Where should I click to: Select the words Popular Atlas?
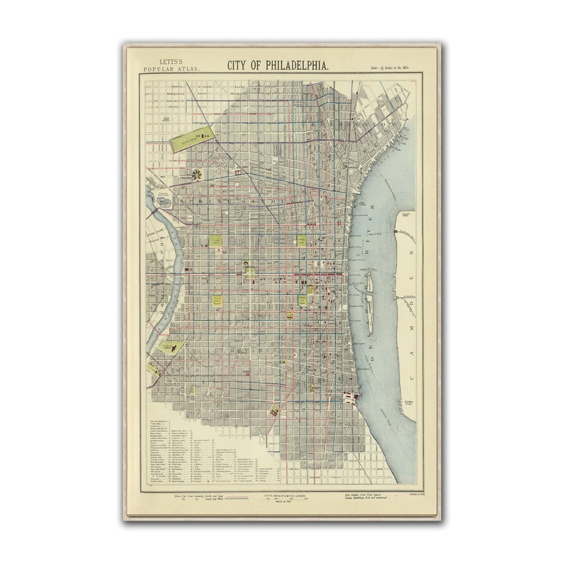click(172, 69)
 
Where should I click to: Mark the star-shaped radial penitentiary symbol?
click(196, 173)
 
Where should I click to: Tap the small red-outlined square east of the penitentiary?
click(239, 172)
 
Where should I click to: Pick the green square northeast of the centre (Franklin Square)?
click(302, 240)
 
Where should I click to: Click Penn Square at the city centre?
click(249, 270)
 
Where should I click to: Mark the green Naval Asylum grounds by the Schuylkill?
click(170, 347)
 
